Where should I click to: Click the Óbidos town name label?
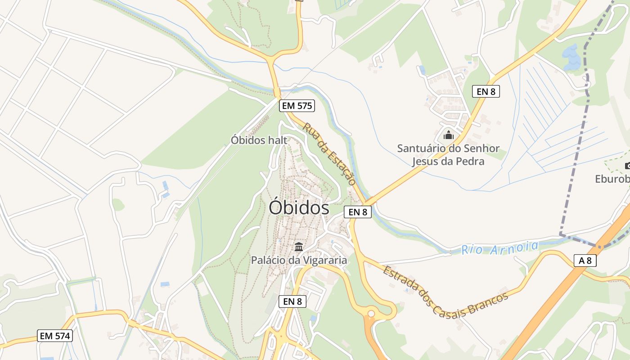[x=299, y=208]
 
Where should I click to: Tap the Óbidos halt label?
[x=259, y=140]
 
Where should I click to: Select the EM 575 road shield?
[x=297, y=106]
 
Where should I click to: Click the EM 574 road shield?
[x=55, y=336]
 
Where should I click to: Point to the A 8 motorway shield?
[x=585, y=260]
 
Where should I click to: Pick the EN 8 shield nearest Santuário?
[x=486, y=91]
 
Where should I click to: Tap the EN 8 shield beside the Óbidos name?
[x=358, y=212]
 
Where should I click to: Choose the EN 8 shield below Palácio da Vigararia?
[x=292, y=301]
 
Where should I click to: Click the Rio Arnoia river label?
[x=499, y=248]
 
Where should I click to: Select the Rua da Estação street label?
[x=329, y=154]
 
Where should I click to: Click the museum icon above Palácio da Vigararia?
[x=298, y=247]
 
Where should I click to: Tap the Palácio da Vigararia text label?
[x=299, y=260]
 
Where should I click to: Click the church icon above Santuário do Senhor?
[x=448, y=135]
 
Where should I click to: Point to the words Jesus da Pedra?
[x=448, y=161]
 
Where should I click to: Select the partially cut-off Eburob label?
[x=612, y=179]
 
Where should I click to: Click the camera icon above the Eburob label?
[x=627, y=166]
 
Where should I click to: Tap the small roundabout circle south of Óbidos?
[x=371, y=314]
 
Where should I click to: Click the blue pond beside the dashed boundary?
[x=571, y=58]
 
